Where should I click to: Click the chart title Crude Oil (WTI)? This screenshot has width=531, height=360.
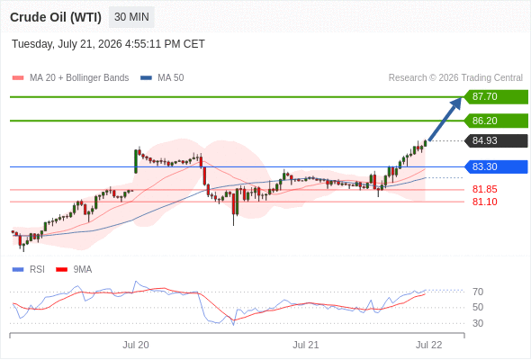pyautogui.click(x=56, y=17)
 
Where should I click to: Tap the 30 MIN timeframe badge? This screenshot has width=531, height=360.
pyautogui.click(x=131, y=17)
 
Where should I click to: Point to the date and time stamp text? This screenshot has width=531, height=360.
pyautogui.click(x=108, y=44)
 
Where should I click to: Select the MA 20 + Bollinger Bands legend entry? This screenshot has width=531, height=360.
pyautogui.click(x=70, y=78)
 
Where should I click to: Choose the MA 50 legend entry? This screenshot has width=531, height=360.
pyautogui.click(x=162, y=78)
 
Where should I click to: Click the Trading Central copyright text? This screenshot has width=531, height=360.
pyautogui.click(x=455, y=78)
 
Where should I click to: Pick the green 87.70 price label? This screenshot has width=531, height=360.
pyautogui.click(x=496, y=97)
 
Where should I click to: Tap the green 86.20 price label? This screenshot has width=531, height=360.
pyautogui.click(x=496, y=121)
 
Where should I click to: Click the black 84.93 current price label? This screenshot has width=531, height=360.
pyautogui.click(x=496, y=140)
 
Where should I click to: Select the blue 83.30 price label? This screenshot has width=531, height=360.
pyautogui.click(x=496, y=166)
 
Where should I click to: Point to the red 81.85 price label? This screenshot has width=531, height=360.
pyautogui.click(x=485, y=189)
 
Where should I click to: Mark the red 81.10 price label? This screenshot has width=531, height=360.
pyautogui.click(x=485, y=202)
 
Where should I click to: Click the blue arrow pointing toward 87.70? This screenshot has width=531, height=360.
pyautogui.click(x=445, y=119)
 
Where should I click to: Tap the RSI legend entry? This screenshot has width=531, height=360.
pyautogui.click(x=29, y=270)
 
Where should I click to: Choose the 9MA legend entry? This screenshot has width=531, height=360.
pyautogui.click(x=74, y=270)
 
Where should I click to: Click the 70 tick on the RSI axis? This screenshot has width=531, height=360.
pyautogui.click(x=478, y=292)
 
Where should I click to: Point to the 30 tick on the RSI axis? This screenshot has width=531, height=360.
pyautogui.click(x=478, y=323)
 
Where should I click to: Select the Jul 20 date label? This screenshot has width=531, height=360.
pyautogui.click(x=136, y=345)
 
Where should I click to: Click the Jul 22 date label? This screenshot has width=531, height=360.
pyautogui.click(x=429, y=345)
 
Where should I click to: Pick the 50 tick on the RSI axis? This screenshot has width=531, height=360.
pyautogui.click(x=478, y=307)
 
